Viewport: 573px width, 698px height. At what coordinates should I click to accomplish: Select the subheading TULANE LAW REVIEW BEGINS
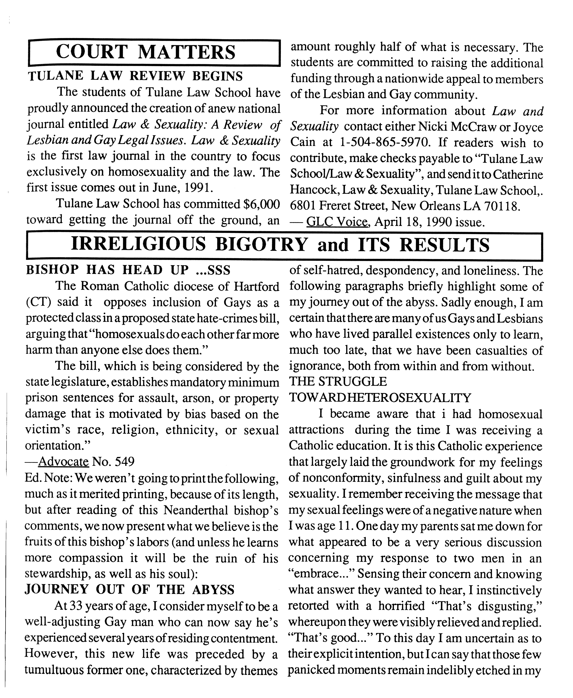135,76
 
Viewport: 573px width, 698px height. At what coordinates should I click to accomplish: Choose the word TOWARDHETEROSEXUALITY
380,398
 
